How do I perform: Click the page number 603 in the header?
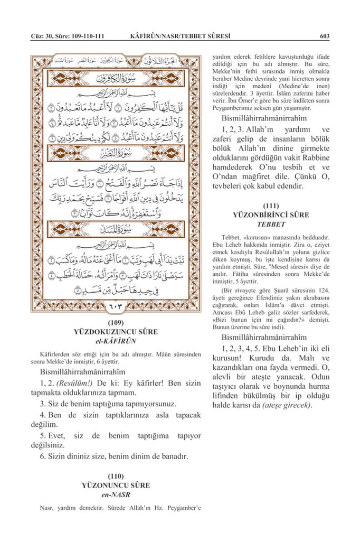(325, 36)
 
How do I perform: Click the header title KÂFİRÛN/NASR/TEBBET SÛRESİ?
(180, 36)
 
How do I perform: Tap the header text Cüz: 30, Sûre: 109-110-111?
(67, 36)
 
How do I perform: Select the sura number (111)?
(271, 206)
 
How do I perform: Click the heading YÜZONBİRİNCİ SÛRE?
(271, 215)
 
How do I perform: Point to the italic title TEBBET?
(271, 225)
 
